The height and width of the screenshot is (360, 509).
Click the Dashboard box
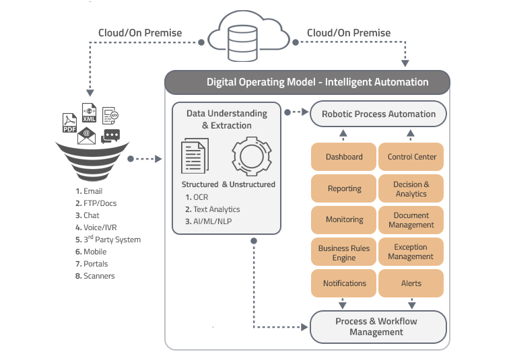(x=344, y=157)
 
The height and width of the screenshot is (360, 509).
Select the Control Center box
(x=411, y=157)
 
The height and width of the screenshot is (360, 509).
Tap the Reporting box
(x=344, y=189)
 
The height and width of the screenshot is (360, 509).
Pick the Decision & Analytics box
(x=411, y=189)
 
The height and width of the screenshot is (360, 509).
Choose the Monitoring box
(x=344, y=220)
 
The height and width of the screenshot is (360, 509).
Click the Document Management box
(x=411, y=220)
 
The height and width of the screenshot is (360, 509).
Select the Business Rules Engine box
(x=344, y=252)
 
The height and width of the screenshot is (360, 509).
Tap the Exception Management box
(x=411, y=252)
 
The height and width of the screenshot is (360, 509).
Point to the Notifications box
(x=344, y=283)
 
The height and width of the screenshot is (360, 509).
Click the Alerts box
(x=411, y=283)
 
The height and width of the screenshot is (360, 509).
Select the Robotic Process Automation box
(x=378, y=114)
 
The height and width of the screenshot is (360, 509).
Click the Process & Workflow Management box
(x=378, y=326)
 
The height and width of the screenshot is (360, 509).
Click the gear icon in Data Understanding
(x=252, y=157)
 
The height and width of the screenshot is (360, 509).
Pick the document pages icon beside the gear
(x=196, y=157)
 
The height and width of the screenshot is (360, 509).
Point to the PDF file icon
(x=69, y=123)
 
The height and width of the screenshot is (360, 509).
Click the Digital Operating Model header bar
(x=308, y=82)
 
